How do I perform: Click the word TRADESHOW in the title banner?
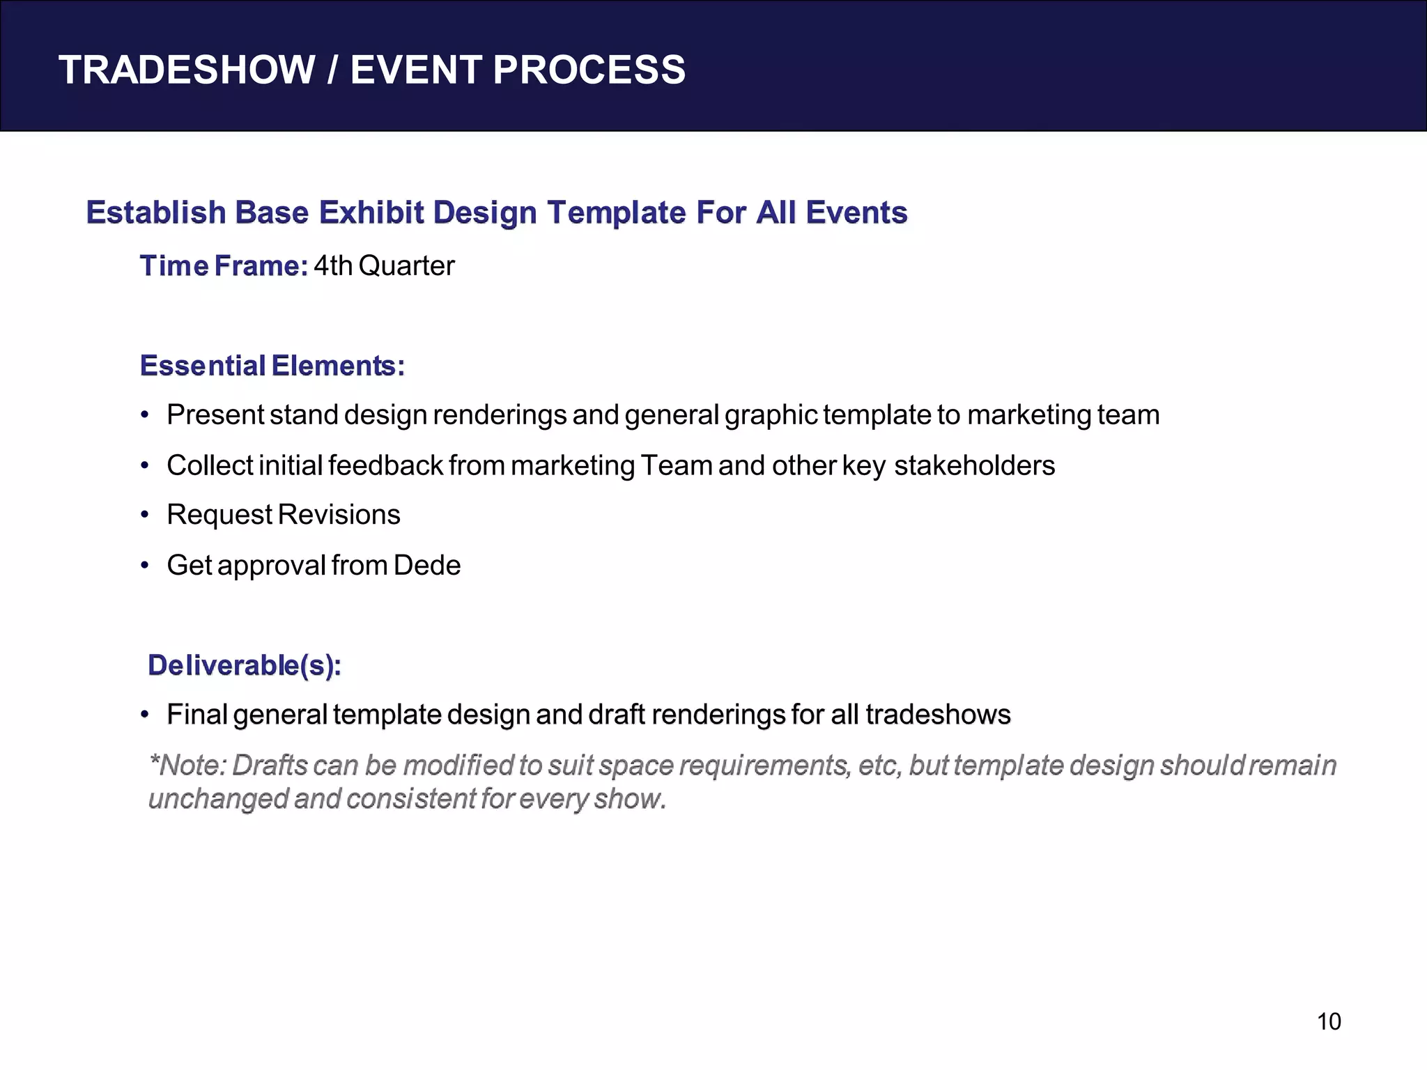pos(187,70)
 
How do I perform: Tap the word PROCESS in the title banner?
pos(589,70)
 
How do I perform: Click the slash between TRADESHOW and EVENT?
pos(333,70)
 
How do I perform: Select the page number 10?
pos(1328,1022)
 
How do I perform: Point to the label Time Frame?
pos(223,266)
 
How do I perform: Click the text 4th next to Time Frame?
pos(333,266)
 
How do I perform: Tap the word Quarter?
pos(406,266)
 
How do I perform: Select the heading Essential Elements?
pos(272,366)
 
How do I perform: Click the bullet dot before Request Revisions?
pos(145,515)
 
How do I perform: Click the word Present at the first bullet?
pos(215,415)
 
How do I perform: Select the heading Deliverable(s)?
pos(244,665)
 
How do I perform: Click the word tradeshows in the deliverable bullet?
pos(938,715)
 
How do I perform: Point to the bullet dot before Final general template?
pos(145,715)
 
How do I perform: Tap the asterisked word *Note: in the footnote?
pos(187,766)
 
